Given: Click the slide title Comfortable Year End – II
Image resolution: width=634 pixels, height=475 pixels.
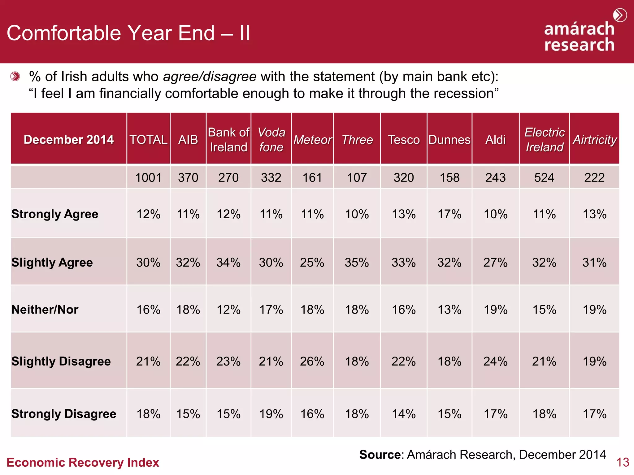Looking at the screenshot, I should point(128,33).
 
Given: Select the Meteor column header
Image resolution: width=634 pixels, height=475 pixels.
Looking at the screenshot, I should point(312,140).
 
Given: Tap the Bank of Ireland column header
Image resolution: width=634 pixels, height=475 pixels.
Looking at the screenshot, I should point(228,140).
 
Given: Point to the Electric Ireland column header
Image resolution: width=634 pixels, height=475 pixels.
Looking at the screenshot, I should point(544,140).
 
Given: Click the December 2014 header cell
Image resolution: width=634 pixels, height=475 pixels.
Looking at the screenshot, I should point(69,139).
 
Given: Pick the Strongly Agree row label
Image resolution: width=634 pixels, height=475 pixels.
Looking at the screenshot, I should point(55,214).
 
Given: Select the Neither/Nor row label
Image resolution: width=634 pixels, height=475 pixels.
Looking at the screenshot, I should point(45,310).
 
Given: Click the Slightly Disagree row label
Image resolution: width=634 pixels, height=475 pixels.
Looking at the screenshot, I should point(61,361).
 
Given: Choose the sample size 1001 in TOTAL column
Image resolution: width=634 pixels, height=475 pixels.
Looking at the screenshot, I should point(148,178).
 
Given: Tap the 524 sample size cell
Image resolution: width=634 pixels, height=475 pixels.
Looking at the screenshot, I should point(544,178).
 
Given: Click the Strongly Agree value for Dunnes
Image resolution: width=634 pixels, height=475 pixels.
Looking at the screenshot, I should point(449,214).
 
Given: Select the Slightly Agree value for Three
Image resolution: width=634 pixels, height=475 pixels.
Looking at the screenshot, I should point(357,263).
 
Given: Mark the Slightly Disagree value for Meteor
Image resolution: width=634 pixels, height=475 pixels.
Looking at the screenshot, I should point(312,361).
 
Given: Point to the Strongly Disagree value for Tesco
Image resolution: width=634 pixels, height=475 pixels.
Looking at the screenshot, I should point(403,414).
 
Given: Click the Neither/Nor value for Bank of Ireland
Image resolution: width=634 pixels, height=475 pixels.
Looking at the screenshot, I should point(228,310).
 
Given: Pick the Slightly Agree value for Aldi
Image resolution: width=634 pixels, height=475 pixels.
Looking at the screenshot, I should point(495,263).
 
